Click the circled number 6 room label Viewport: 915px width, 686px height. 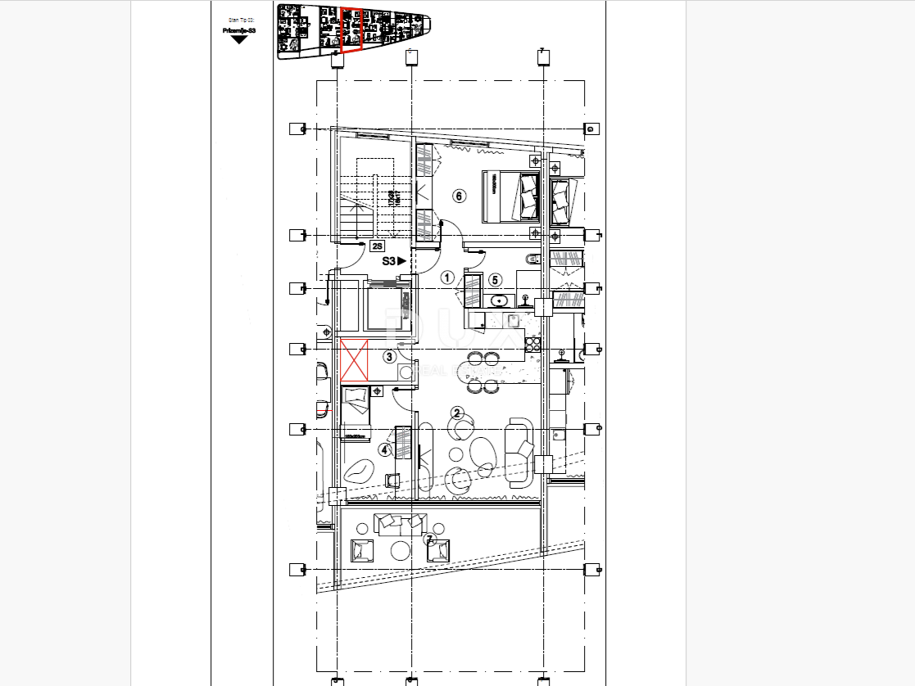[x=459, y=196]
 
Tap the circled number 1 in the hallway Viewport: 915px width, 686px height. [x=447, y=278]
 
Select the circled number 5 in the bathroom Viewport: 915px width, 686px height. [x=495, y=280]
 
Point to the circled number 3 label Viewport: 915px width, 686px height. [x=389, y=356]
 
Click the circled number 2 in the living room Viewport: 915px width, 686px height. [x=458, y=413]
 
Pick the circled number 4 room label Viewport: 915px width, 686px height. [x=384, y=449]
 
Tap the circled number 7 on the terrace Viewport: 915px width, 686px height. [x=430, y=539]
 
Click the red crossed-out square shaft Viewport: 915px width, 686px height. [x=355, y=359]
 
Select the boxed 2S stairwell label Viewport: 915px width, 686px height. [x=378, y=246]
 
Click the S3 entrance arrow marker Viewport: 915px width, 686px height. [x=394, y=261]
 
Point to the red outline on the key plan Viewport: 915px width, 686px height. [x=351, y=30]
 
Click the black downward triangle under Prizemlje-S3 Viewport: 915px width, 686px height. [x=238, y=39]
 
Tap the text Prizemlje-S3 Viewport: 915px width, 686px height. [x=238, y=30]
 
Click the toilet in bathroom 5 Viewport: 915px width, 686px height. [x=531, y=260]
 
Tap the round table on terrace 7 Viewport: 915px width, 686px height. [x=400, y=550]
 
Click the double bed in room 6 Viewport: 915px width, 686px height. [x=513, y=196]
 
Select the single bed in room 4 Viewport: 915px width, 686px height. [x=356, y=413]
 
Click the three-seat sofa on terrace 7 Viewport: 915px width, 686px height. [x=400, y=521]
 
